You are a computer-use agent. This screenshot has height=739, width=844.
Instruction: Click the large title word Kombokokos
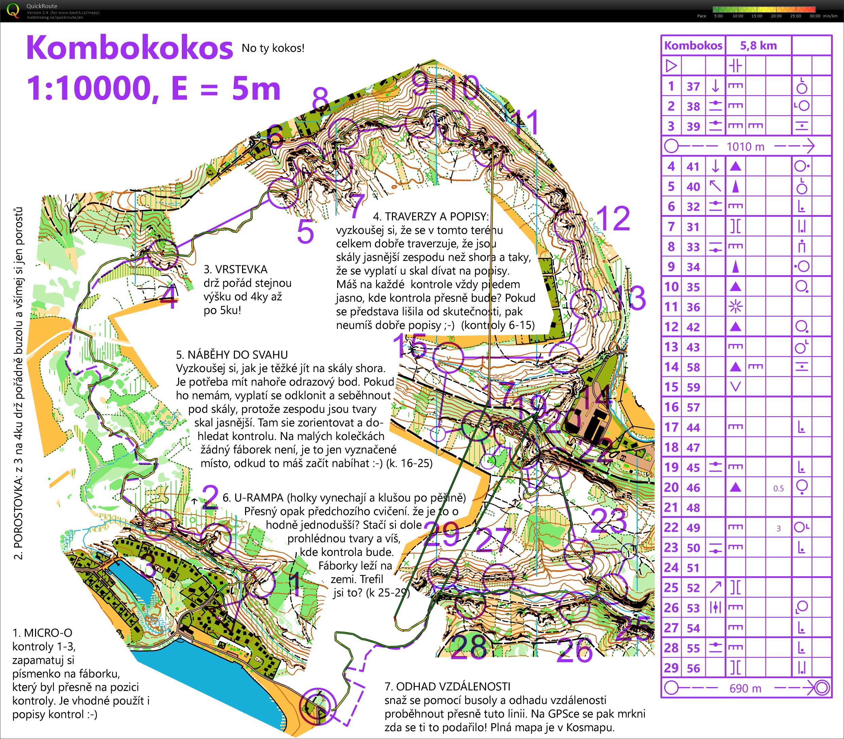130,48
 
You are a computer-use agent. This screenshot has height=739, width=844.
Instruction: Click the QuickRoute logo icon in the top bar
13,10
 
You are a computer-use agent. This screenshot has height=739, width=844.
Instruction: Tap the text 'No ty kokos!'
273,48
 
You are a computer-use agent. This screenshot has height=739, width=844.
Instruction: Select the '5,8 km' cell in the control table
758,46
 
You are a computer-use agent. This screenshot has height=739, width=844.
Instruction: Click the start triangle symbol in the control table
672,66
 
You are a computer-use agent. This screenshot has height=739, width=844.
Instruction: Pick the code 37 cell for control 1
693,86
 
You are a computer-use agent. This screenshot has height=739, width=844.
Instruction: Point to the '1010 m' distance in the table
745,146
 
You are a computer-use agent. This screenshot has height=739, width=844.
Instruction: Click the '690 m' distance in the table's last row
745,688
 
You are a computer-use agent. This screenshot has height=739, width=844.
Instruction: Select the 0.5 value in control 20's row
778,488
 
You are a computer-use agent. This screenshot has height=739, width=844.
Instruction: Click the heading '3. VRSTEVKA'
236,269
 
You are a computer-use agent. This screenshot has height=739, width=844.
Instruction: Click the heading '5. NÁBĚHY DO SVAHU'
232,355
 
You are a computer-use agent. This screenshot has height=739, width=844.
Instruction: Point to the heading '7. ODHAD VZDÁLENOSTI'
448,687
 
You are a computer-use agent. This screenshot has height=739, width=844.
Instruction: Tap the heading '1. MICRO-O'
42,633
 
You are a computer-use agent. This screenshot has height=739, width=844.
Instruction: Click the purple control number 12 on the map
613,218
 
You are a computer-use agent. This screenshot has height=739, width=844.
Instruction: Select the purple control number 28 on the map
469,647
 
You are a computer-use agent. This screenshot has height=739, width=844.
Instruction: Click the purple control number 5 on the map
305,232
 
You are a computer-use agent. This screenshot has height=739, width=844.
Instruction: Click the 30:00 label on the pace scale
815,16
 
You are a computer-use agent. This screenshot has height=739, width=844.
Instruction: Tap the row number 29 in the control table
671,668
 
